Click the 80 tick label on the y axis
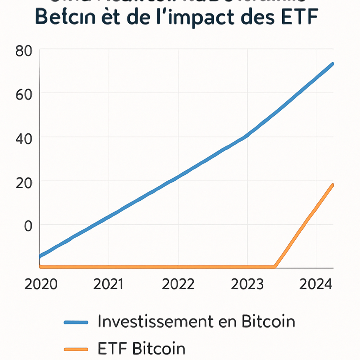pyautogui.click(x=24, y=52)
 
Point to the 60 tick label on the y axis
pyautogui.click(x=24, y=95)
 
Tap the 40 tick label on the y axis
pyautogui.click(x=24, y=139)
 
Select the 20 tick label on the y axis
pyautogui.click(x=24, y=182)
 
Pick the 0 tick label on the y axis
pyautogui.click(x=28, y=226)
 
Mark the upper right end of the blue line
pyautogui.click(x=332, y=64)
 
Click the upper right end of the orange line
pyautogui.click(x=332, y=185)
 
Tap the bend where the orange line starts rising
pyautogui.click(x=275, y=266)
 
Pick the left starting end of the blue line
pyautogui.click(x=40, y=256)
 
